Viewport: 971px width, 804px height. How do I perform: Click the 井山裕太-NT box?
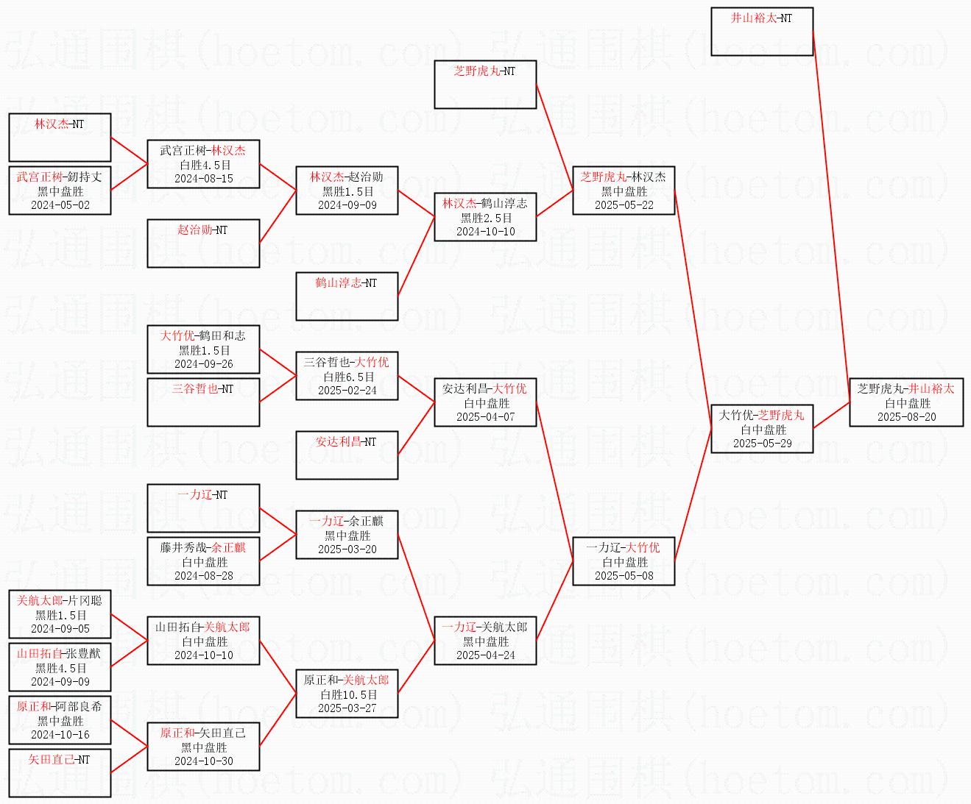pyautogui.click(x=762, y=32)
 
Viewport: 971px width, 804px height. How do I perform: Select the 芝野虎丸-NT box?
pyautogui.click(x=485, y=85)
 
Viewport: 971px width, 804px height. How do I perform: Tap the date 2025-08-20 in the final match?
pyautogui.click(x=906, y=417)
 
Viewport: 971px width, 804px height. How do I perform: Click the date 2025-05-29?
pyautogui.click(x=762, y=444)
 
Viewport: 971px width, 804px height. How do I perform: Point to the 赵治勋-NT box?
pyautogui.click(x=203, y=243)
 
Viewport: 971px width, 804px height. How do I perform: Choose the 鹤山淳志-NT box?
pyautogui.click(x=347, y=296)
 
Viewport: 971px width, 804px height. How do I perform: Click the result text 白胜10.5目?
pyautogui.click(x=347, y=694)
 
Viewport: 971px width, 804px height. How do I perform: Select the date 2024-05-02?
pyautogui.click(x=60, y=205)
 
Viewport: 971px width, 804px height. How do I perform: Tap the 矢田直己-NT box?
pyautogui.click(x=60, y=772)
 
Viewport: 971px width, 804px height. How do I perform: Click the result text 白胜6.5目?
pyautogui.click(x=347, y=377)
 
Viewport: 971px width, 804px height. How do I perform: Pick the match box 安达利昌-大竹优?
pyautogui.click(x=485, y=402)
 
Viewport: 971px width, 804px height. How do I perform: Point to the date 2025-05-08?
pyautogui.click(x=624, y=576)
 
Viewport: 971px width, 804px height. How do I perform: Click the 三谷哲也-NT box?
pyautogui.click(x=203, y=402)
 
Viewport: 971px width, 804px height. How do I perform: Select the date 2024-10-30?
pyautogui.click(x=204, y=761)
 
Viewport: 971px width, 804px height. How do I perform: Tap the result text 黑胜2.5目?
pyautogui.click(x=486, y=218)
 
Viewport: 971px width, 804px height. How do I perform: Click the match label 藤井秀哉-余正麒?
pyautogui.click(x=204, y=547)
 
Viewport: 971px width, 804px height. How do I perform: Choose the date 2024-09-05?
pyautogui.click(x=60, y=629)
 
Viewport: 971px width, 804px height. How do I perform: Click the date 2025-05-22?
pyautogui.click(x=624, y=205)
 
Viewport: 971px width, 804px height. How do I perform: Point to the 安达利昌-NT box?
pyautogui.click(x=347, y=455)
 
